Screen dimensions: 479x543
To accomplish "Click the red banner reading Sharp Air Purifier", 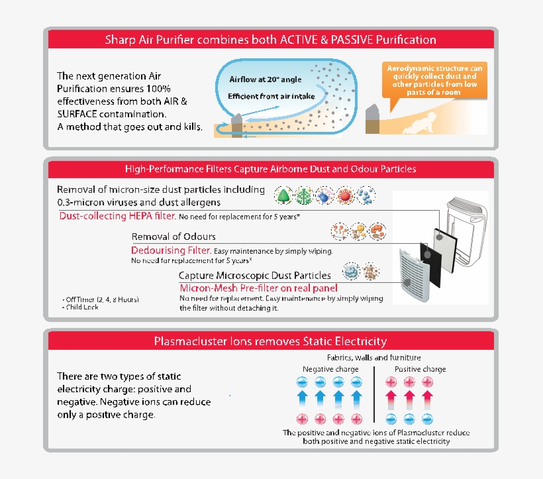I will point(270,40).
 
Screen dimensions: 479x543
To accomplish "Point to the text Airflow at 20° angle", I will point(256,80).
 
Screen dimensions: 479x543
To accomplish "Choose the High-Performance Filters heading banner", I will point(270,169).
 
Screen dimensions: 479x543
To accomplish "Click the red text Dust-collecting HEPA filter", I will point(118,217).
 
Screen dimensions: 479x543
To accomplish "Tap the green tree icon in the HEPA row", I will point(283,196).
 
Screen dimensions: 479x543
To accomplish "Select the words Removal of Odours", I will point(173,237).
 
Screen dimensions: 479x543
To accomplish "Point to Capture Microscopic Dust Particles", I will point(255,275).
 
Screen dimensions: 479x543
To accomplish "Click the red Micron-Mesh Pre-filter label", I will point(259,288).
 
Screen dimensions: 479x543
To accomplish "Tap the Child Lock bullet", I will point(83,308).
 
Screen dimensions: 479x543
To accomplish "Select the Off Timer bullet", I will point(100,299).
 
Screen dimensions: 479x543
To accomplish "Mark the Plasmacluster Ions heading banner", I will point(270,341).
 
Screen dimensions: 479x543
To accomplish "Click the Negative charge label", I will point(330,369).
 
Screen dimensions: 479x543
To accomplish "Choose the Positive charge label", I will point(420,369).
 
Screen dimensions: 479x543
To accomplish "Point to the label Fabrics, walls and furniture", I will point(373,358).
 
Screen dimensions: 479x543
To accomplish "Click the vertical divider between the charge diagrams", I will point(375,397).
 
